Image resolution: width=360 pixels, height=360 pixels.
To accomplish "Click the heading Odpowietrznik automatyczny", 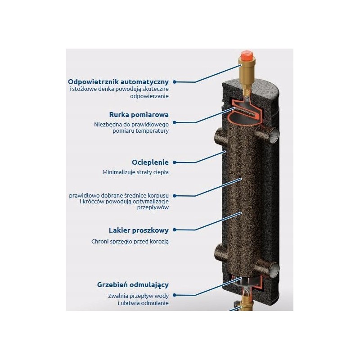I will [x=118, y=82].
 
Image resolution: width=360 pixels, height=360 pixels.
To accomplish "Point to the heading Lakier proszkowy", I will [x=139, y=230].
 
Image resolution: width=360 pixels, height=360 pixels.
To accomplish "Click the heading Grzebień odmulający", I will [x=133, y=285].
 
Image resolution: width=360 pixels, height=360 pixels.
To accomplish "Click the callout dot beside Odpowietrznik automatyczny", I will [x=175, y=82].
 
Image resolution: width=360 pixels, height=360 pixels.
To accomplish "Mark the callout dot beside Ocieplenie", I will [x=175, y=162].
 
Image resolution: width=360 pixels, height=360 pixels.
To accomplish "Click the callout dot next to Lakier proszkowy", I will [x=175, y=230].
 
